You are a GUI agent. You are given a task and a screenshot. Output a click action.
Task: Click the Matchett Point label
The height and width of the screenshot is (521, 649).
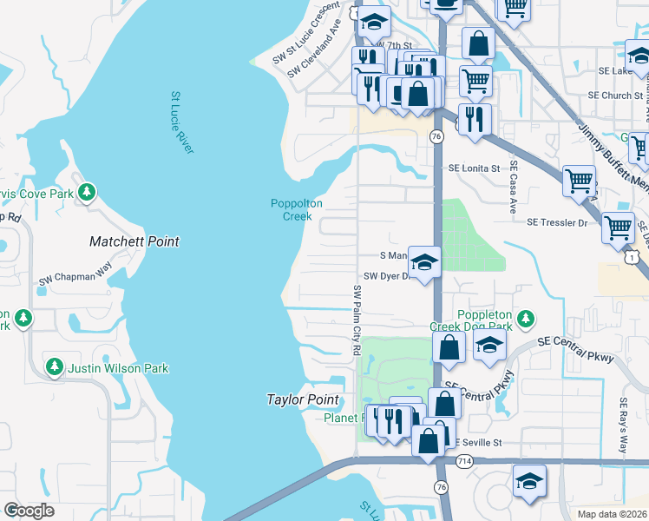[134, 241]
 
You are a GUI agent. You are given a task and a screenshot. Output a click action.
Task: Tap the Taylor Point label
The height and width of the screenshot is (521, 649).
[301, 399]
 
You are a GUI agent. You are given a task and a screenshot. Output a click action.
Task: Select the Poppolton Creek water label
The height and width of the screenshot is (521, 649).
[297, 210]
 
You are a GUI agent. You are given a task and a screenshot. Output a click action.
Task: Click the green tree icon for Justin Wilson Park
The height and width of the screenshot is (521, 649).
[55, 368]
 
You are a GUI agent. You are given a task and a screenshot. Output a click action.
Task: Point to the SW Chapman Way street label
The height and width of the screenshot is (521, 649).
[76, 281]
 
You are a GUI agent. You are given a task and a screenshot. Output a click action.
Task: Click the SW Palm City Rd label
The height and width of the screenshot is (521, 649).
[356, 319]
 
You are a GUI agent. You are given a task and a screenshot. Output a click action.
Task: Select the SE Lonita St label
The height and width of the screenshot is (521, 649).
[474, 168]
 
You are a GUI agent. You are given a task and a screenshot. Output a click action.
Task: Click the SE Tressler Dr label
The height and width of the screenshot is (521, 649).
[557, 222]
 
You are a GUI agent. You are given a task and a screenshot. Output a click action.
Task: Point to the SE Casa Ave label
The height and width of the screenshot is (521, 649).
[514, 188]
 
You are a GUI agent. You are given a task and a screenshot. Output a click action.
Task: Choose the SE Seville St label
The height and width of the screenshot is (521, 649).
[478, 443]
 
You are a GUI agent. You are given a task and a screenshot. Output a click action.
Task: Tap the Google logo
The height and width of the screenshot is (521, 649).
[29, 511]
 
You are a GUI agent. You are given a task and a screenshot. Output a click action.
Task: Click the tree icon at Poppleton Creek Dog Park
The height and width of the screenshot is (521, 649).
[523, 316]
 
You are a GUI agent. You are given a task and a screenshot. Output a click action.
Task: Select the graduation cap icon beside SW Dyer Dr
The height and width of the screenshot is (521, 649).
[424, 261]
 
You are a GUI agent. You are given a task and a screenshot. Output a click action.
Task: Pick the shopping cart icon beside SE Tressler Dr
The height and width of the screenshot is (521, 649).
[618, 228]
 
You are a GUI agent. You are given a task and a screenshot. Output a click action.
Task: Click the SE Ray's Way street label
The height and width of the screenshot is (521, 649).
[622, 426]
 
